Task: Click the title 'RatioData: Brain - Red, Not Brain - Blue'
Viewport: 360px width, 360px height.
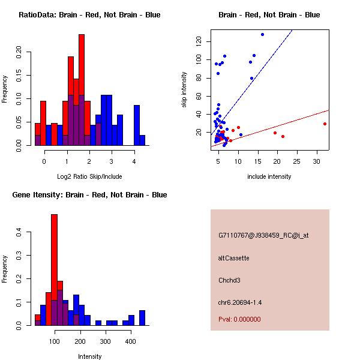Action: (89, 15)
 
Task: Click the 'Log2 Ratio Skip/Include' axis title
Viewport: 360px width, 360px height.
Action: (89, 176)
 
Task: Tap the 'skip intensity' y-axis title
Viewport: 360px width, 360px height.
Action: (184, 90)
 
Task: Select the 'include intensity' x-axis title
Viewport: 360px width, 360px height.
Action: (269, 176)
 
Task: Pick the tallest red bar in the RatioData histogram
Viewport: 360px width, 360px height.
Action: (82, 90)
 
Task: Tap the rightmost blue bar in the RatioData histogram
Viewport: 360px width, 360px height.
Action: (142, 140)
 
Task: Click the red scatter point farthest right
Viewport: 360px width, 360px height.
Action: (325, 124)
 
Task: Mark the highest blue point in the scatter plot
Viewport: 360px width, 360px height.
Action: (262, 34)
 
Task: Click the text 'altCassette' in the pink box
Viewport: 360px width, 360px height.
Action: (234, 258)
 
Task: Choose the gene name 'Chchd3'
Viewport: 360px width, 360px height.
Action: (230, 280)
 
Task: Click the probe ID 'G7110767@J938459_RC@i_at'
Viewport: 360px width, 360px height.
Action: (263, 236)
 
